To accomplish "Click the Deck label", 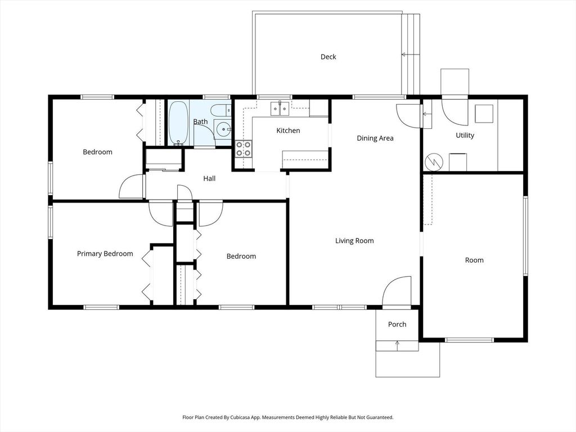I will coord(328,57).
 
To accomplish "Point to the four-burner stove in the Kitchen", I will coord(244,148).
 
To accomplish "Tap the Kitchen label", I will coord(288,130).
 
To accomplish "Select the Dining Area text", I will coord(375,138).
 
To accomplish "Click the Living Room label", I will coord(354,241).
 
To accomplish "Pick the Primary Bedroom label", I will coord(105,254).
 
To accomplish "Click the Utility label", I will coord(465,136).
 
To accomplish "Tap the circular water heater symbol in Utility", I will coord(434,162).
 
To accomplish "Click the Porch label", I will coord(397,325).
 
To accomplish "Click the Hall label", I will coord(209,178).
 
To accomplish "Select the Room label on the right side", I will coord(474,260).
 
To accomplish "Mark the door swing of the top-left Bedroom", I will coord(131,187).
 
